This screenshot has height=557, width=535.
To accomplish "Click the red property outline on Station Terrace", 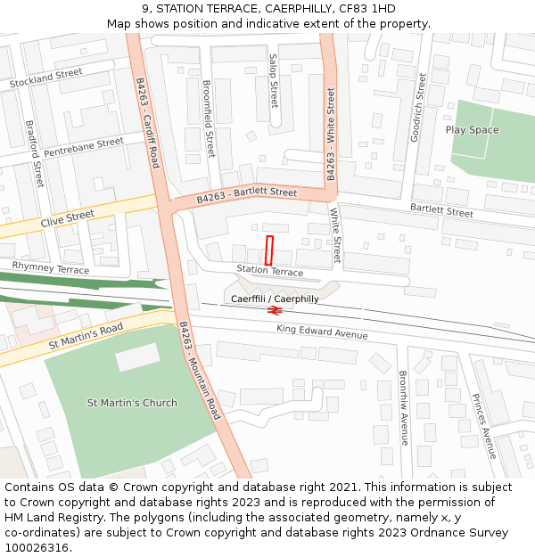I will [x=270, y=250].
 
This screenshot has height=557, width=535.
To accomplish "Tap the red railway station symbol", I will [x=275, y=311].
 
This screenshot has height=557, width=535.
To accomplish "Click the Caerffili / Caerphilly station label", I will [x=275, y=299].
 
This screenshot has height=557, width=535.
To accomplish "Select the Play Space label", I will [x=472, y=130].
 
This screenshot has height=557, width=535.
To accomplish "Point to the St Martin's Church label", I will [x=132, y=403].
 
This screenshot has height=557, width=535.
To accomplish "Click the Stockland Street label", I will [x=45, y=78].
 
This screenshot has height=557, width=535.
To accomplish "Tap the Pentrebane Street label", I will [x=84, y=147].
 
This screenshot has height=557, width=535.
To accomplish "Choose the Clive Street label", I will [x=67, y=217].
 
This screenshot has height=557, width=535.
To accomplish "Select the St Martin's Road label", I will [x=86, y=335].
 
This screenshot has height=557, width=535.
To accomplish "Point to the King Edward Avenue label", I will [x=322, y=332].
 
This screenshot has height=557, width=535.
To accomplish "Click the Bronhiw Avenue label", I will [x=403, y=407].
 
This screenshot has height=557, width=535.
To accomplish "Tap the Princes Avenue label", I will [x=483, y=425].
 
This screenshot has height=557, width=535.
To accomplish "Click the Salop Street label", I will [x=274, y=81].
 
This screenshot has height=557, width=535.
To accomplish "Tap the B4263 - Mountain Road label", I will [x=199, y=371].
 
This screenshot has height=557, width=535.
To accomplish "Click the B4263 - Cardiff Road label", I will [x=147, y=122].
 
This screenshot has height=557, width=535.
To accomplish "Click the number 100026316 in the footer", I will [x=37, y=548].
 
